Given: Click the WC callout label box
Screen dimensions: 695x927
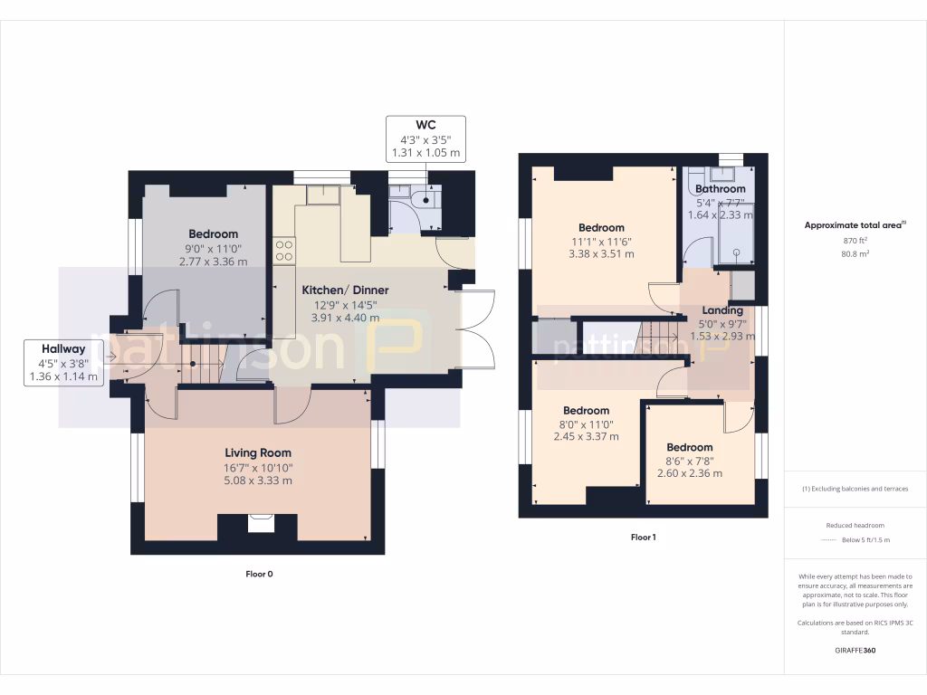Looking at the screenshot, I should (425, 139).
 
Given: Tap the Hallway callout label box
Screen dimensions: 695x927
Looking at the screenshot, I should (63, 363).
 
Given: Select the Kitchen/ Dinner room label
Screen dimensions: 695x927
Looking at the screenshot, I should (345, 290).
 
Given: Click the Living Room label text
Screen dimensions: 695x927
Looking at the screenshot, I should (258, 452).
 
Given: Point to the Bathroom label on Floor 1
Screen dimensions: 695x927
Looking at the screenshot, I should (721, 188).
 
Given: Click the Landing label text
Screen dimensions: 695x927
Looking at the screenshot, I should (722, 310).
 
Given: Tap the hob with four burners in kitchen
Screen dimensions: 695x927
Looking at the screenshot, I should (284, 250).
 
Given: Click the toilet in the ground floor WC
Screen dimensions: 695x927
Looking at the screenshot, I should (422, 199).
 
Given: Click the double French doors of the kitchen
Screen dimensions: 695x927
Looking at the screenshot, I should (478, 328).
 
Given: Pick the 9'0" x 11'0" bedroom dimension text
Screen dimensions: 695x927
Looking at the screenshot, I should (213, 248).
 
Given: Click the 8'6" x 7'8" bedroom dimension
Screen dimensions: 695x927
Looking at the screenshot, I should (690, 460).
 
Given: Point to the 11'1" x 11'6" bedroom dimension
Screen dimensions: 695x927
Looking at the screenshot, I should (601, 242).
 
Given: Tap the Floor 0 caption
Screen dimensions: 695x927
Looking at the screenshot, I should (259, 574).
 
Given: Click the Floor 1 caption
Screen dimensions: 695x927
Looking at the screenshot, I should (643, 538).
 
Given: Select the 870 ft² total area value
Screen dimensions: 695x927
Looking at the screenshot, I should (855, 242).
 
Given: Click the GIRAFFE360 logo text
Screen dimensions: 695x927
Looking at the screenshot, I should (855, 651).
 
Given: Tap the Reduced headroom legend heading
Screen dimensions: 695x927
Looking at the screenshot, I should (855, 526).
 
